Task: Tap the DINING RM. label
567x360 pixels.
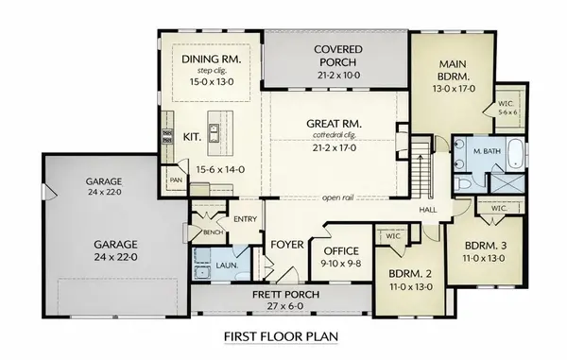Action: point(211,59)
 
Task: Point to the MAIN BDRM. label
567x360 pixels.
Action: point(448,70)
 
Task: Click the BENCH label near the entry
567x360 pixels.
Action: point(212,231)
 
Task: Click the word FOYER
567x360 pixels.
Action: point(286,245)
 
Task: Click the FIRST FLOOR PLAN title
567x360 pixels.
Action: point(283,336)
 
